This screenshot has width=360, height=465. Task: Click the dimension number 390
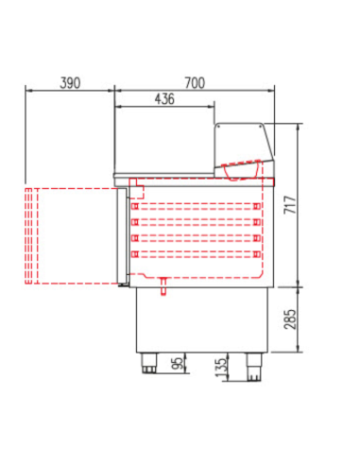tap(68, 83)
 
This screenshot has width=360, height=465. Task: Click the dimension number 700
tap(194, 83)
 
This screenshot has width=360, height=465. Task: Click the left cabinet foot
tap(150, 364)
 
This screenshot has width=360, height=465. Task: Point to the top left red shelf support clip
tap(135, 205)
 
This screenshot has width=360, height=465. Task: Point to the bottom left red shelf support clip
tap(135, 253)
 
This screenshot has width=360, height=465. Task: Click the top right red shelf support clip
tap(255, 205)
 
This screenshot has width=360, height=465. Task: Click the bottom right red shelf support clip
tap(255, 253)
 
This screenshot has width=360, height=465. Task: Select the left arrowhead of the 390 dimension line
tap(26, 92)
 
